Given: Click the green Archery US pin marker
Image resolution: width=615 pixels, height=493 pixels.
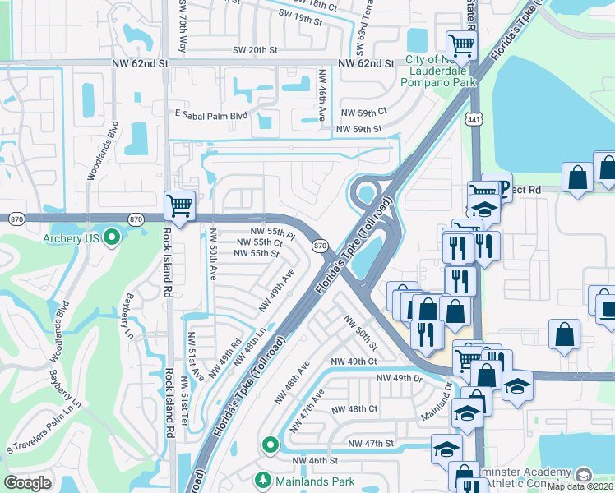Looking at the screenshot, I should point(113,238).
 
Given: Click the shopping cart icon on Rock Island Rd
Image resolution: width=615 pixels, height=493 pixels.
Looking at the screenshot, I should point(179,205).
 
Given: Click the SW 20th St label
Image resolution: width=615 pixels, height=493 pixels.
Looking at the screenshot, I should point(252,50).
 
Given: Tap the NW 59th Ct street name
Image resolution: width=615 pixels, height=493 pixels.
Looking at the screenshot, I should point(363,112).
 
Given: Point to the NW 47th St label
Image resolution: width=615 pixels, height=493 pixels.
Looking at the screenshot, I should point(372,444).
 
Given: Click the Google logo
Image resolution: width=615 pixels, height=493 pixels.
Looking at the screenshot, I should point(28,483).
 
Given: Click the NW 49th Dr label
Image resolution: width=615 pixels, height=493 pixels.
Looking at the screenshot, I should point(399,378).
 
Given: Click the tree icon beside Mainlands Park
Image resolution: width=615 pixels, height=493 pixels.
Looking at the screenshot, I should point(263,479).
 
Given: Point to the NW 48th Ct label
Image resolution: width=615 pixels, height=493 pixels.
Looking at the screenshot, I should point(354,408).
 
